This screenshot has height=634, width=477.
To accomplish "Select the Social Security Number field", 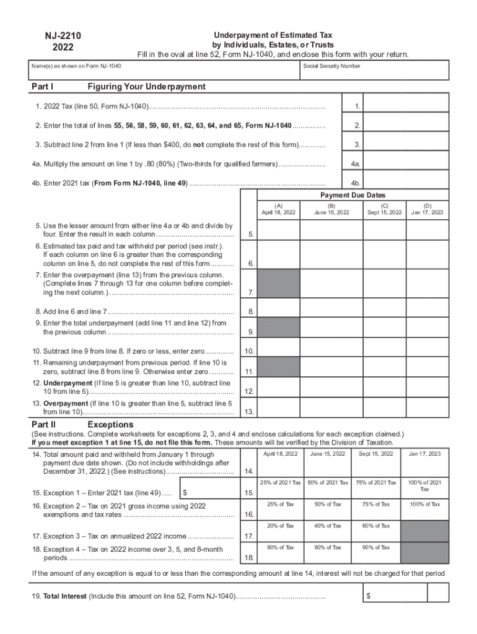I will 375,72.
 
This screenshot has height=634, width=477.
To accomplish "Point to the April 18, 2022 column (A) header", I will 279,209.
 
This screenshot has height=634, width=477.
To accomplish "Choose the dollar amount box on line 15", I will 211,492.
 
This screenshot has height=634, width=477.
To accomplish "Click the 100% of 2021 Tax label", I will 424,485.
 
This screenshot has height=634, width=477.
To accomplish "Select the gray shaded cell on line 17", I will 424,531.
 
